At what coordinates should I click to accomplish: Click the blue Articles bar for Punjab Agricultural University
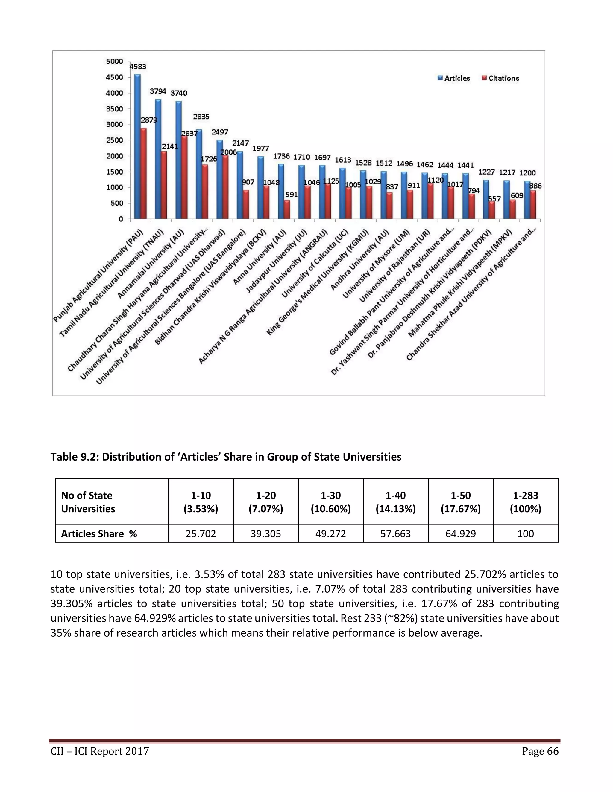(x=137, y=147)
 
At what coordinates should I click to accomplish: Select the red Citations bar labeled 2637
(x=184, y=178)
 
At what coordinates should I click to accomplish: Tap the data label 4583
(x=138, y=67)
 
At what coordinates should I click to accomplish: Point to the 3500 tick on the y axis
(x=114, y=109)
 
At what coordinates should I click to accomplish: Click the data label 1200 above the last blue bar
(x=527, y=173)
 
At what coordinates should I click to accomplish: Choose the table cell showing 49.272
(x=330, y=534)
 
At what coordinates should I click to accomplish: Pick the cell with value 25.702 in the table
(x=201, y=534)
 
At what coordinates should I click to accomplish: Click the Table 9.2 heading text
(x=226, y=457)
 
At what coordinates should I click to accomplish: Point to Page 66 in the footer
(x=540, y=751)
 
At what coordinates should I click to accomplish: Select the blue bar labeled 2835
(x=199, y=174)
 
